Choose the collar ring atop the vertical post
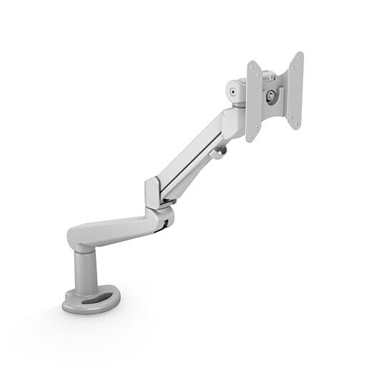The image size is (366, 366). [84, 250]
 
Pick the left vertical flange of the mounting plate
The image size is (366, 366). [252, 101]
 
